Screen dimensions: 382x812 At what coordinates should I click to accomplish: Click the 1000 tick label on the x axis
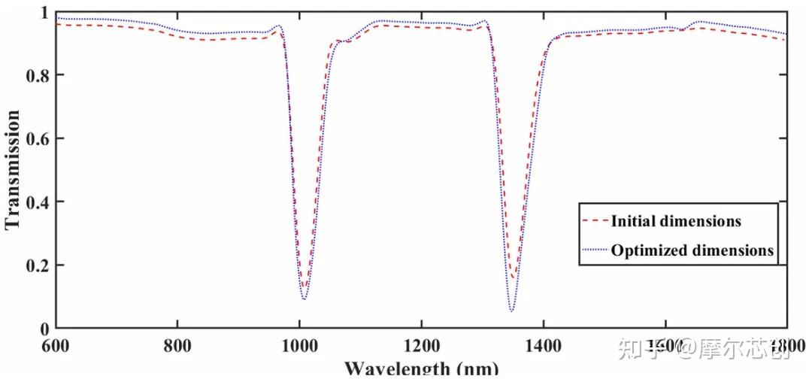299,347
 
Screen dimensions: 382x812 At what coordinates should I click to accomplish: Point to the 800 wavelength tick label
177,347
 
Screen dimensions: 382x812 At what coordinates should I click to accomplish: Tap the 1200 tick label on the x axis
421,347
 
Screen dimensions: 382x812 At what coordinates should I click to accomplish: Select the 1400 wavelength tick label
544,347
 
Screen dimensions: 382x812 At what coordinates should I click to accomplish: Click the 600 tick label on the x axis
55,347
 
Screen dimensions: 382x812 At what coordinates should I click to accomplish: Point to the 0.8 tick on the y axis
38,75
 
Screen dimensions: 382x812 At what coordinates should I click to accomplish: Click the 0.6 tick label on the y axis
38,138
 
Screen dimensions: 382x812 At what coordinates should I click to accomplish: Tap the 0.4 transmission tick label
38,202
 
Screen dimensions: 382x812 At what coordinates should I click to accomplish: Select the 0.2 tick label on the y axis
38,265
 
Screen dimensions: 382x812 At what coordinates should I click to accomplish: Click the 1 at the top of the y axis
44,13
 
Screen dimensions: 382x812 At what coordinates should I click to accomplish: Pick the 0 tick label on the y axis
44,329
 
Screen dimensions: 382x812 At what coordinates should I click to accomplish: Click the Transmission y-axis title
12,170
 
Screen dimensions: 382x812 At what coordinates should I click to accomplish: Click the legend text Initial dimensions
676,221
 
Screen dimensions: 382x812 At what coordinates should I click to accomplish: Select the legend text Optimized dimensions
692,250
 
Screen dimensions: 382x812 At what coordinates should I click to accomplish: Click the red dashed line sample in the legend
595,221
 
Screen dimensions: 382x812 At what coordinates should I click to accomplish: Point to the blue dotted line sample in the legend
595,250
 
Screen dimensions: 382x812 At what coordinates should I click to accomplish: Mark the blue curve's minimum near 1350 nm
511,311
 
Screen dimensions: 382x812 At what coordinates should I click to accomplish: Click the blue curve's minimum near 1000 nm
304,299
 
